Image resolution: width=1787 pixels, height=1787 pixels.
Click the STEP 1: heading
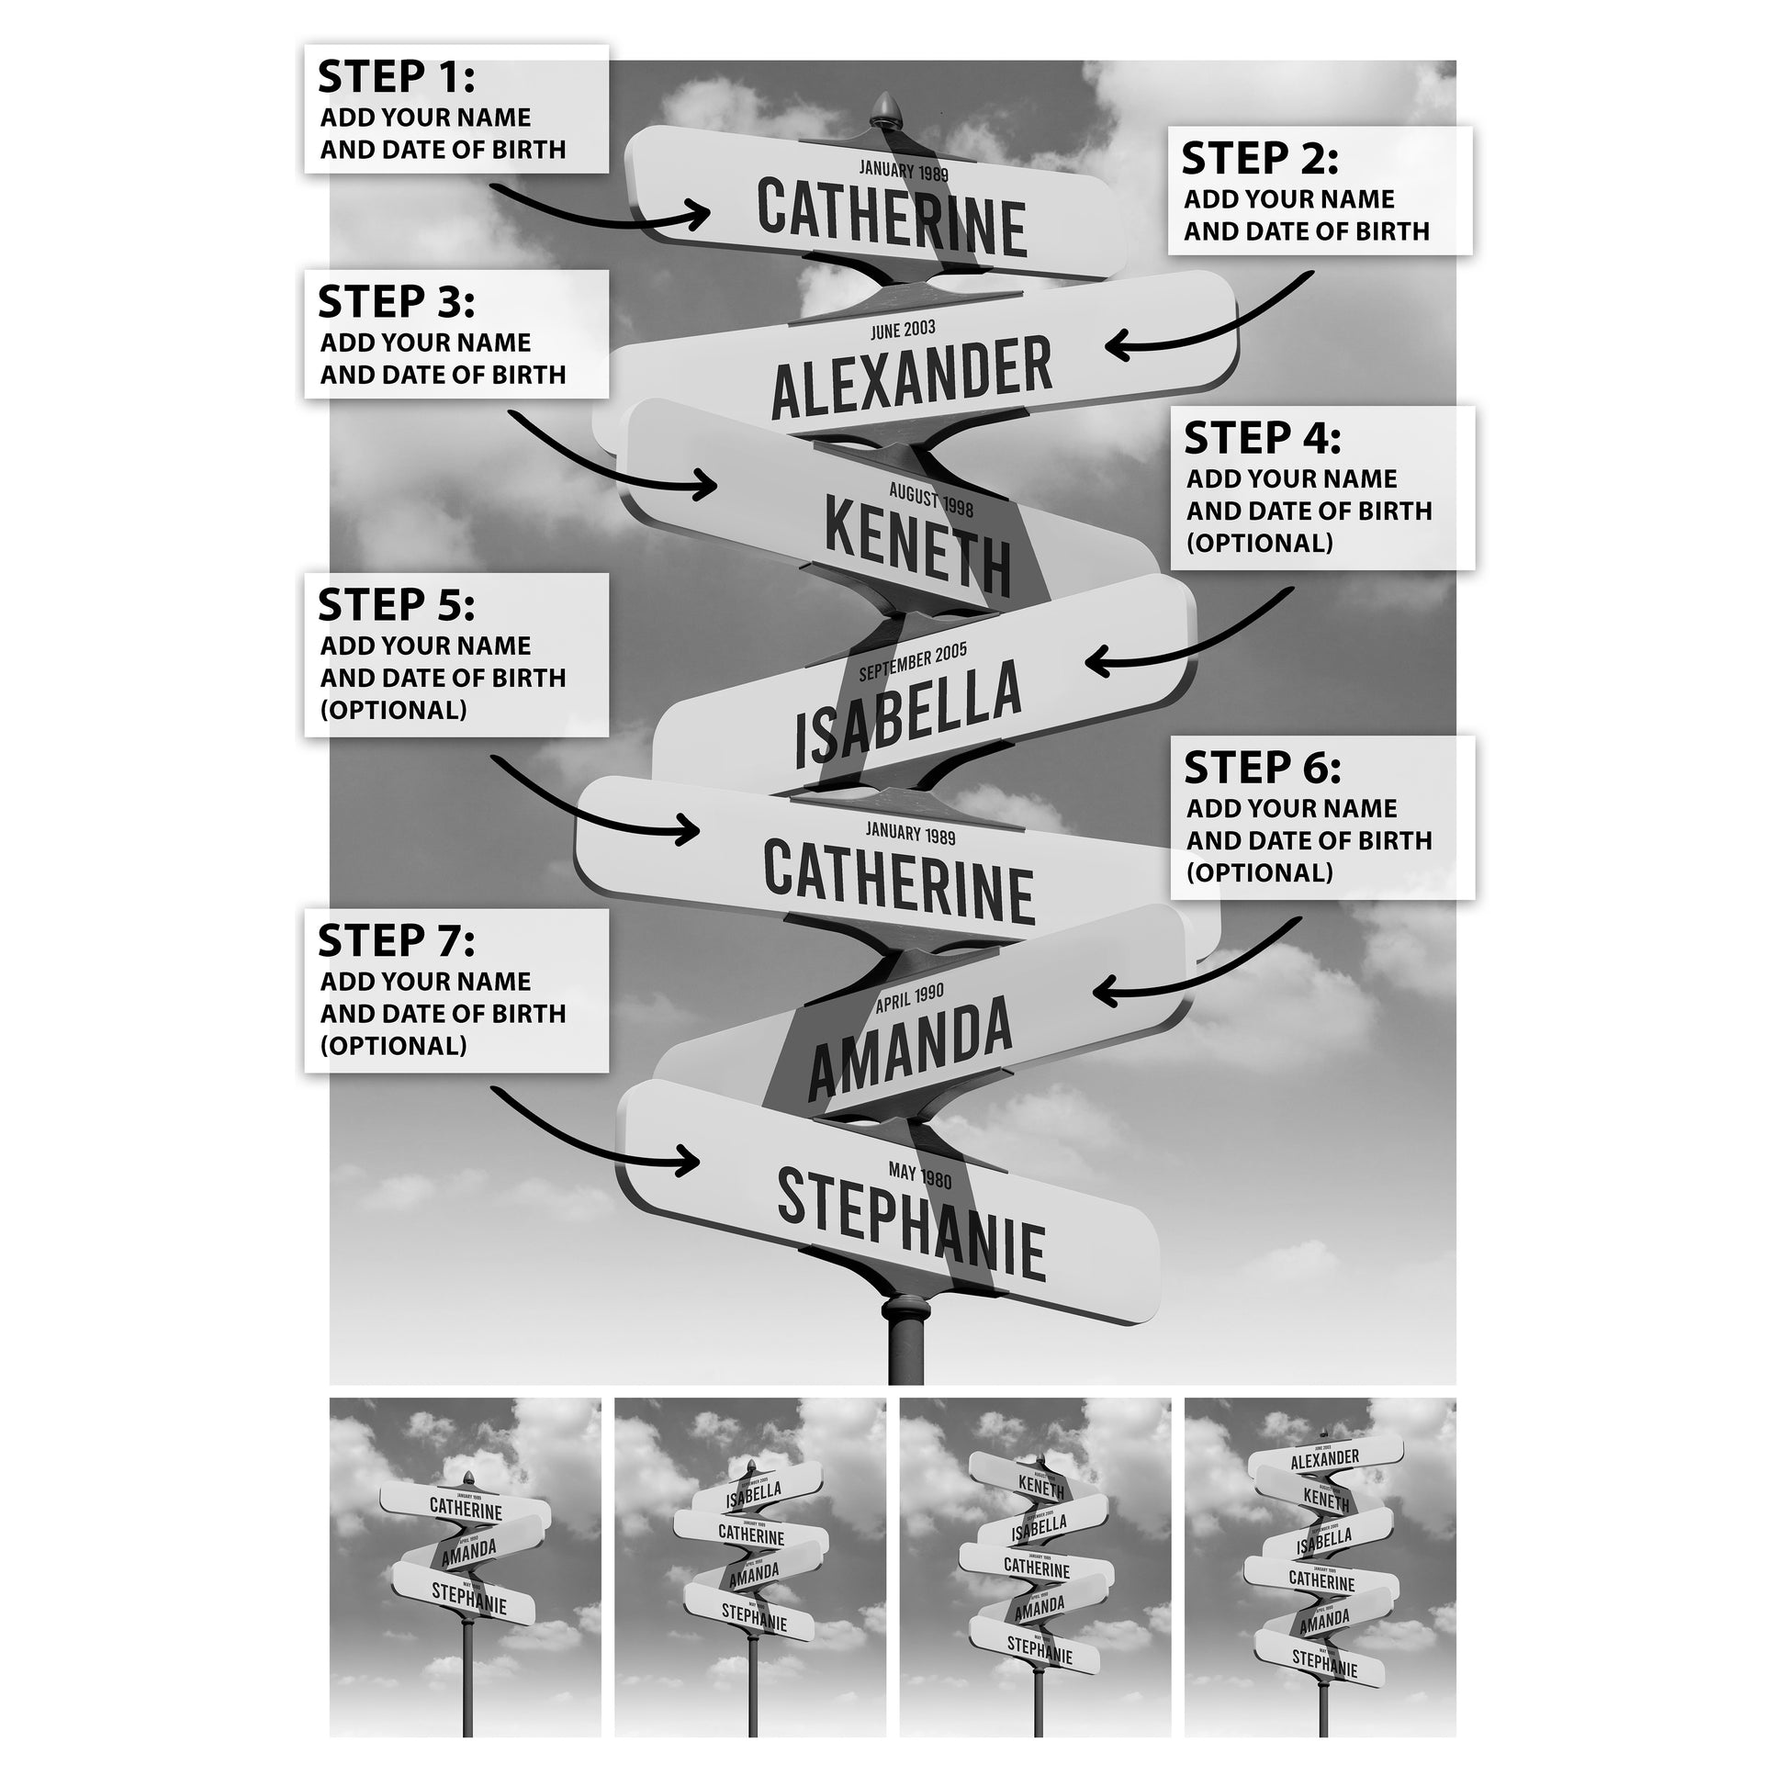click(x=396, y=77)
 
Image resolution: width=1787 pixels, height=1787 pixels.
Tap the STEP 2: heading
click(x=1260, y=159)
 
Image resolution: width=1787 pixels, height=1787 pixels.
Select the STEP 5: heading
click(x=396, y=606)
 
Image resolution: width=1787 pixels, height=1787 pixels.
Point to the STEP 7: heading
click(x=396, y=941)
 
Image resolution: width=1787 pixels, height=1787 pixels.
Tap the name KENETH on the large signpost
click(x=917, y=545)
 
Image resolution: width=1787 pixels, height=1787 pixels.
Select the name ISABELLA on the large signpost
click(x=908, y=715)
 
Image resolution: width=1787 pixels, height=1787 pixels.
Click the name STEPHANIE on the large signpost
click(x=911, y=1224)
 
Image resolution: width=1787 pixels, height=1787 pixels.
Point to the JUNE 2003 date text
click(x=903, y=331)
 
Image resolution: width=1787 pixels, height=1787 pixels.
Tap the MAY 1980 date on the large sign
click(x=919, y=1174)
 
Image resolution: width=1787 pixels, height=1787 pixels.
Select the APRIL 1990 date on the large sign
click(x=909, y=999)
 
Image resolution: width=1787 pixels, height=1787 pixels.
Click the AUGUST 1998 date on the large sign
click(x=930, y=501)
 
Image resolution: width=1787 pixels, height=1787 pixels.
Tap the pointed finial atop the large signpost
click(x=885, y=105)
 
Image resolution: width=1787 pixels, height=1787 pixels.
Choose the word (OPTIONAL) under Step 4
click(x=1260, y=543)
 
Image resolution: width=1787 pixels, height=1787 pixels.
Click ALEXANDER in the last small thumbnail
click(x=1324, y=1459)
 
